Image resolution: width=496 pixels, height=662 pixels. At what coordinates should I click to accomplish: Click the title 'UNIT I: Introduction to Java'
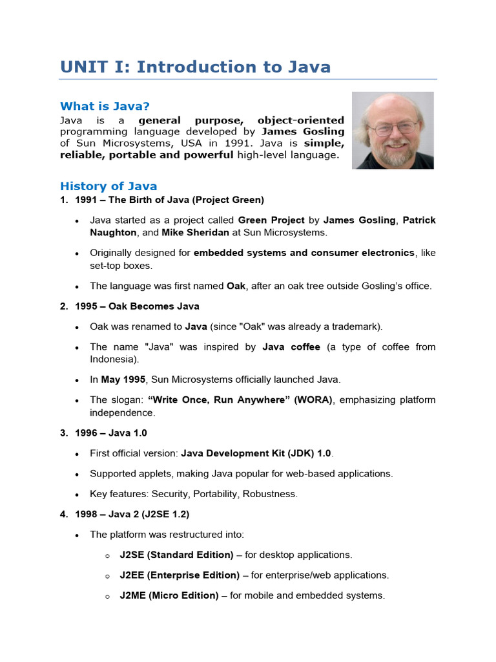click(195, 67)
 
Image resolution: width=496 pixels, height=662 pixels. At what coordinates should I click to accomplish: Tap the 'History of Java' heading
click(108, 186)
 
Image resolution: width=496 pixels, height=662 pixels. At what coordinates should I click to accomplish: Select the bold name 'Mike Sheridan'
click(192, 232)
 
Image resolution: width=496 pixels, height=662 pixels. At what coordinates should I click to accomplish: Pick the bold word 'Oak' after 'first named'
click(236, 286)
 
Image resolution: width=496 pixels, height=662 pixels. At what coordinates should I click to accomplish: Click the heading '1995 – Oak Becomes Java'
click(137, 306)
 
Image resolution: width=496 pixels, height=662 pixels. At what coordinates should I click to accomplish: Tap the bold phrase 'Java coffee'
click(291, 347)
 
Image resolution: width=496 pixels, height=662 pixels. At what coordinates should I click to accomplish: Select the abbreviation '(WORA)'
click(313, 400)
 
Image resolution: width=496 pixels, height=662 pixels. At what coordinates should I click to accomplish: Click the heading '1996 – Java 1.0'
click(115, 432)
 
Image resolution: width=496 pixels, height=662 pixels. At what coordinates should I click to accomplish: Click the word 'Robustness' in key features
click(273, 494)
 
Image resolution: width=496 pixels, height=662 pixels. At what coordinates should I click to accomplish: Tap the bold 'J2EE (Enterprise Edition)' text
click(180, 575)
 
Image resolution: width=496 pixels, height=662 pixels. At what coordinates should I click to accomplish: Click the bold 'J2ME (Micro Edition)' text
click(169, 595)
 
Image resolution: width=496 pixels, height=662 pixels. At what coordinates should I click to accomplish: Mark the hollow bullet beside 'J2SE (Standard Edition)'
click(107, 555)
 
